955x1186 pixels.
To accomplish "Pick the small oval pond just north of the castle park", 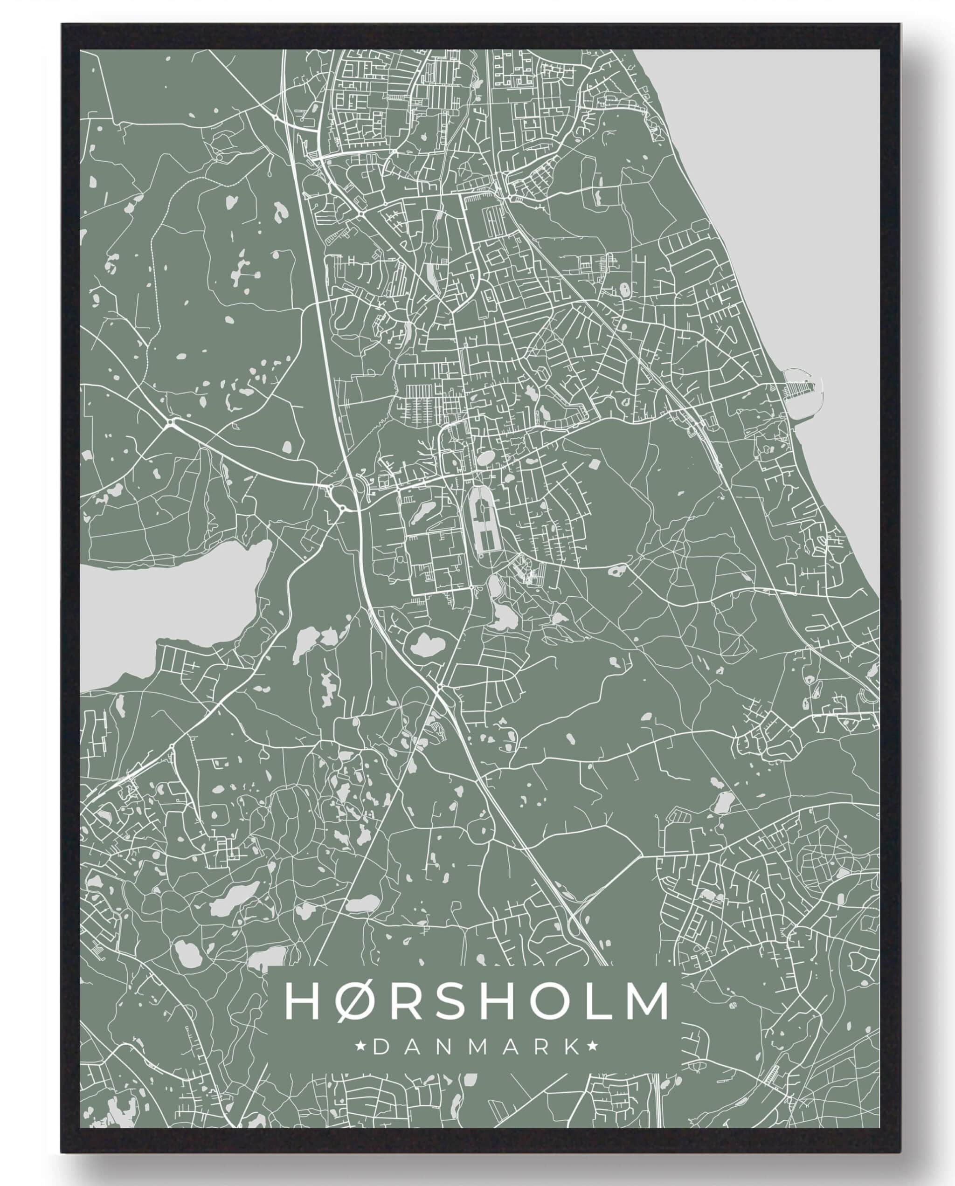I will click(486, 458).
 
